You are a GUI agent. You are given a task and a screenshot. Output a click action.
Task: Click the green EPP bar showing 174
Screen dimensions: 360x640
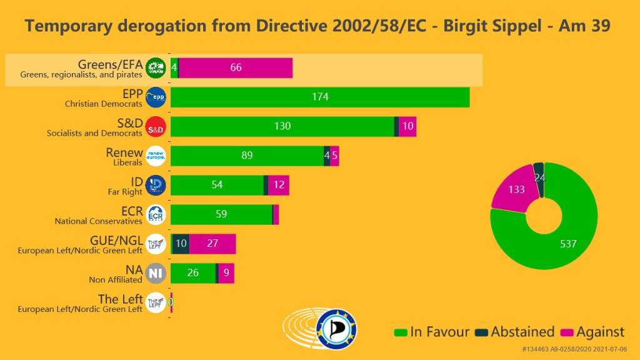(x=320, y=97)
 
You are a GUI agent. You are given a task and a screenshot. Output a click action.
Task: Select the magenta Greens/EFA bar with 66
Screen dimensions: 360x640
(x=236, y=67)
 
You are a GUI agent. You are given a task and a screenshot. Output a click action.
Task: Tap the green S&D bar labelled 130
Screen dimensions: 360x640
(x=282, y=126)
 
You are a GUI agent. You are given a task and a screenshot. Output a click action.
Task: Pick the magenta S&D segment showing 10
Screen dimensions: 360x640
(x=407, y=126)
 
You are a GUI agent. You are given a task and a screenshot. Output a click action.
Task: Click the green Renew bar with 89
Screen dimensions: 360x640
(x=247, y=156)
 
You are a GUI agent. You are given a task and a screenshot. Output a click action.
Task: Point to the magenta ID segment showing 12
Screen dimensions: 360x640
(x=279, y=185)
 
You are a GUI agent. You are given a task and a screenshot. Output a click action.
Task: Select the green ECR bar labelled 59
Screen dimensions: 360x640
(x=221, y=214)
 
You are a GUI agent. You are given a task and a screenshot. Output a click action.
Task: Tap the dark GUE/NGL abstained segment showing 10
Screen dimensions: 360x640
(x=181, y=244)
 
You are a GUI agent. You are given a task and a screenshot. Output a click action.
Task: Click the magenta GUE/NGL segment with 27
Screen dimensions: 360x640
(x=212, y=244)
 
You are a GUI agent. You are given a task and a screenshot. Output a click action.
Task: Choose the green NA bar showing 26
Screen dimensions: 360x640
(x=193, y=273)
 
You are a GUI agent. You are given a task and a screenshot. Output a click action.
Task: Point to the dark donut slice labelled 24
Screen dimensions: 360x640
(x=539, y=177)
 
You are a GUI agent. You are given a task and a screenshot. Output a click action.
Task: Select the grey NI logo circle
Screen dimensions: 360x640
(x=155, y=274)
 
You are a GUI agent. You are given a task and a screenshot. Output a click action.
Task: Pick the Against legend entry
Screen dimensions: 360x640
(x=592, y=332)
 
